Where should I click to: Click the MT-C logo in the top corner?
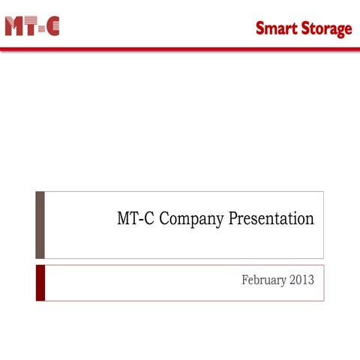coord(31,26)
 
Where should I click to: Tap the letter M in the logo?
coord(13,26)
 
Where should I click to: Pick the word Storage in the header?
coord(326,29)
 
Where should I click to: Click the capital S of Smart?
coord(259,28)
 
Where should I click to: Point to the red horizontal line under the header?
coord(180,49)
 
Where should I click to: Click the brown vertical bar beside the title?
coord(40,224)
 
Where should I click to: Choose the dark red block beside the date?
coord(40,282)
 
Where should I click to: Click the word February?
coord(263,280)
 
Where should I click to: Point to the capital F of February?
coord(245,280)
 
